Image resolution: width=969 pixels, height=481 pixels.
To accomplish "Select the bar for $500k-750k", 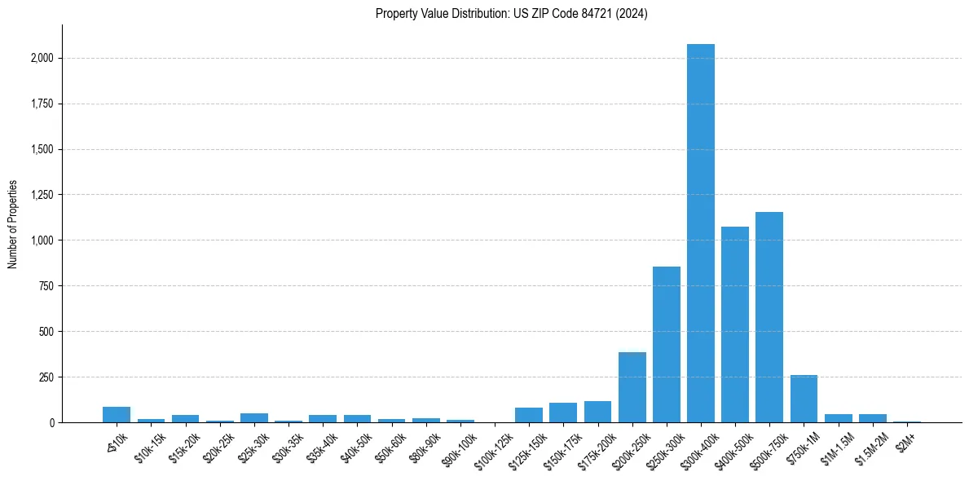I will pyautogui.click(x=769, y=317).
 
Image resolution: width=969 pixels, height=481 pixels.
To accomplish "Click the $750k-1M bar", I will pyautogui.click(x=804, y=399).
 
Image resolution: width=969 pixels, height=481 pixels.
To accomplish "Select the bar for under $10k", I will pyautogui.click(x=117, y=414).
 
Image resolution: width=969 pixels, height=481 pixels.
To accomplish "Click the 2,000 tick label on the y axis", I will pyautogui.click(x=42, y=59).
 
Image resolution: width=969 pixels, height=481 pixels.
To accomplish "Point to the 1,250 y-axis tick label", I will pyautogui.click(x=42, y=195).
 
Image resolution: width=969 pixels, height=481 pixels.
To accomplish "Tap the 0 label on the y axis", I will pyautogui.click(x=52, y=423).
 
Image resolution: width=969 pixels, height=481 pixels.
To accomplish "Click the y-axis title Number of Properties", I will pyautogui.click(x=13, y=223).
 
